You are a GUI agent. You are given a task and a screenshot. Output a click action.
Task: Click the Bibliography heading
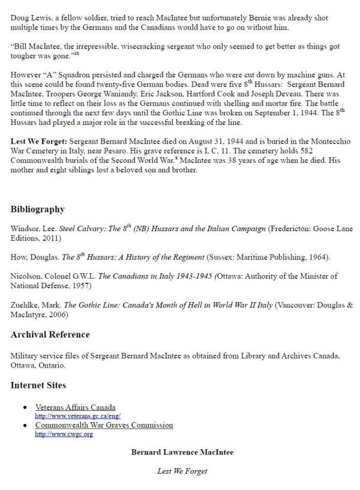tap(37, 210)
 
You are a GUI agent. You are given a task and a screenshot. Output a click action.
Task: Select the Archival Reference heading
tap(50, 334)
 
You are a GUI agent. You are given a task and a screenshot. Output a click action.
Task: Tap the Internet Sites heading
tap(38, 385)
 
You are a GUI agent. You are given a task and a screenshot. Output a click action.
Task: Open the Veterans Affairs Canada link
tap(75, 407)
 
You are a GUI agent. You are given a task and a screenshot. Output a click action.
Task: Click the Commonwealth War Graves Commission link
tap(104, 425)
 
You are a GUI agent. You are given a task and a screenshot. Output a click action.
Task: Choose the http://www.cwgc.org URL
tap(64, 434)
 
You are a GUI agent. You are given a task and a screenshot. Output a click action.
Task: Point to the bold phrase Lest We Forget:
tap(38, 141)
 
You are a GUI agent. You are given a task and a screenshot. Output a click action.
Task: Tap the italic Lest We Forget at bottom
tap(182, 471)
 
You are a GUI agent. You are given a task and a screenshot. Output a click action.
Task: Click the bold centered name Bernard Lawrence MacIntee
tap(182, 452)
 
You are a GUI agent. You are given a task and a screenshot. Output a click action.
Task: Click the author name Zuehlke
tap(26, 304)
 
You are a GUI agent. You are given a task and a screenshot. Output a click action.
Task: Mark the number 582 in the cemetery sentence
tap(343, 151)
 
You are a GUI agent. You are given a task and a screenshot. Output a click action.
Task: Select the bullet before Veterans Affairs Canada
tap(25, 408)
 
